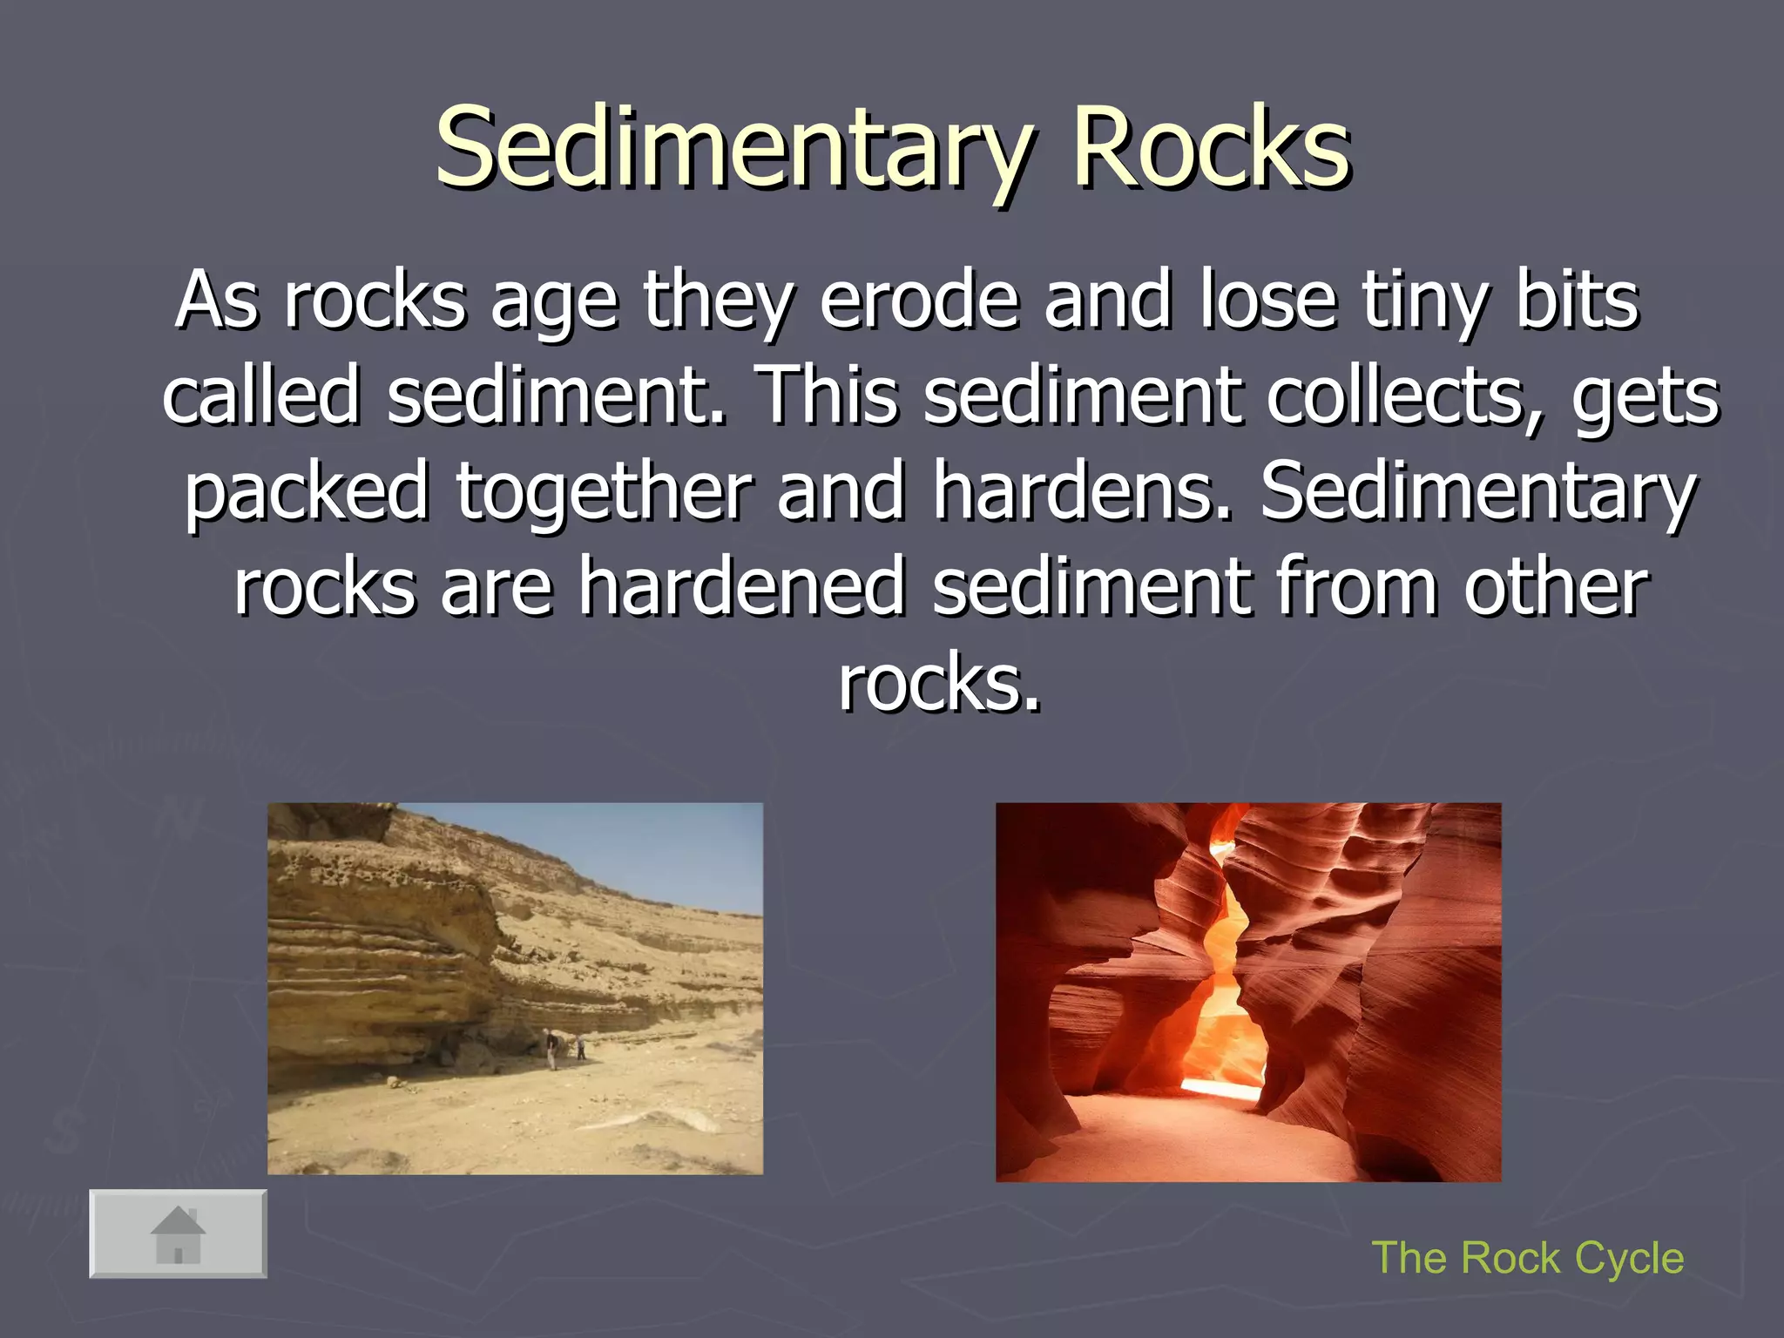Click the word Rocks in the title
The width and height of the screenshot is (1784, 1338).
pos(1211,148)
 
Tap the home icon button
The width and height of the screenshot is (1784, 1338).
pos(178,1233)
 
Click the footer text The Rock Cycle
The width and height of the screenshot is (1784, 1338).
pos(1527,1258)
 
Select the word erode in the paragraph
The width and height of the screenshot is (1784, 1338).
pos(919,301)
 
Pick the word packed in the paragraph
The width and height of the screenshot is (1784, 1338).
pos(307,492)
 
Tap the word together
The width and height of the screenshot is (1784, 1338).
pos(603,492)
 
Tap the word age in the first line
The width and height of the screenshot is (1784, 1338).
pos(554,301)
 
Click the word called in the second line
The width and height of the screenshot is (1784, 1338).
pos(260,396)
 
